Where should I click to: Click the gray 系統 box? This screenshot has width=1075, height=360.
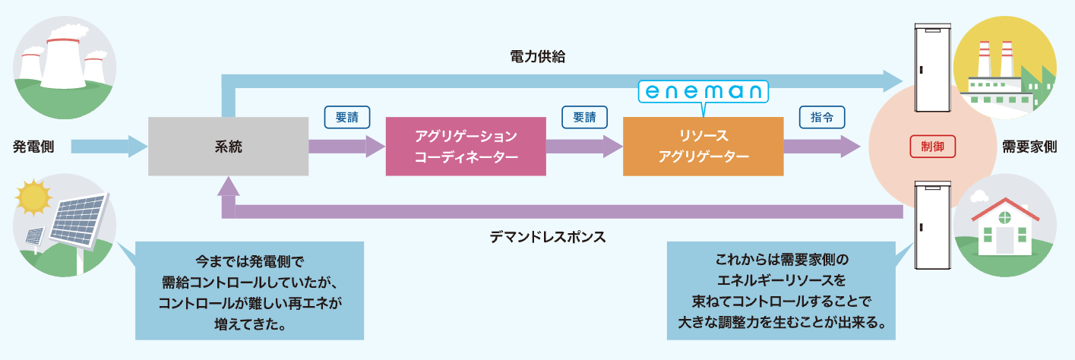point(227,147)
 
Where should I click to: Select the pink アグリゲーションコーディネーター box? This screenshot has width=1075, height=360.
point(466,147)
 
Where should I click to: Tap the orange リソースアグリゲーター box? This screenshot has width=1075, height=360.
point(703,147)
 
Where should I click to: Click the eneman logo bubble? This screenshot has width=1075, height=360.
point(703,92)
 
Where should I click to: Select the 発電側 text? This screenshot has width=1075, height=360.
point(33,146)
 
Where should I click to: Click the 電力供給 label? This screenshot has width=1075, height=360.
point(537,57)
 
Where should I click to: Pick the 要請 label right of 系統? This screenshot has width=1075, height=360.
point(347,118)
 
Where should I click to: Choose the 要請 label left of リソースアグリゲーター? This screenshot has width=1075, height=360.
point(584,118)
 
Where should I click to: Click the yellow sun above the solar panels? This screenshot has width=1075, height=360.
point(34,199)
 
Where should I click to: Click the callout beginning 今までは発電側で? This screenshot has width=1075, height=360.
point(249,291)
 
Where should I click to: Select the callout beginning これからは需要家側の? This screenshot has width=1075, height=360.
point(783,291)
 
